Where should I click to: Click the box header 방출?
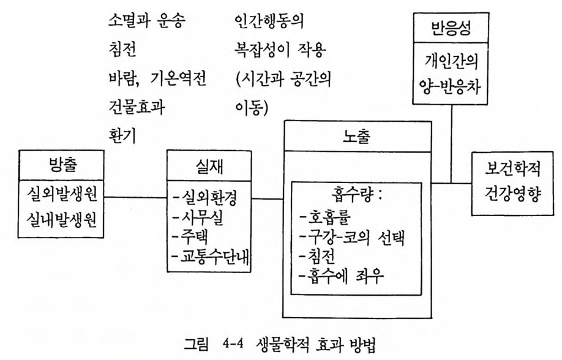coord(62,165)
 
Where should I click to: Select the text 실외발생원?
coord(62,194)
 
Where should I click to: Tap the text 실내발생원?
coord(62,219)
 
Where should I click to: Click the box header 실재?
coord(209,167)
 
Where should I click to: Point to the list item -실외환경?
coord(204,198)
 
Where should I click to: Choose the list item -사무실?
coord(198,217)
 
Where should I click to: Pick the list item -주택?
coord(190,237)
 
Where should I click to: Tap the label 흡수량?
coord(357,195)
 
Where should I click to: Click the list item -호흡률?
coord(326,217)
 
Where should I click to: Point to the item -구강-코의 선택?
coord(352,237)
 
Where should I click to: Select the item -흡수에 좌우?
coord(342,276)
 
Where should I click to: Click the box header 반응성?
coord(451,28)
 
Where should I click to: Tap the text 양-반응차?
coord(450,87)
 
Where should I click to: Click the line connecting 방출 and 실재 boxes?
coord(135,197)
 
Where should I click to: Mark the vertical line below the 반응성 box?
coord(451,144)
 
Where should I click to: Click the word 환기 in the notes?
coord(122,135)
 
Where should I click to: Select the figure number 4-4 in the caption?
coord(233,345)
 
